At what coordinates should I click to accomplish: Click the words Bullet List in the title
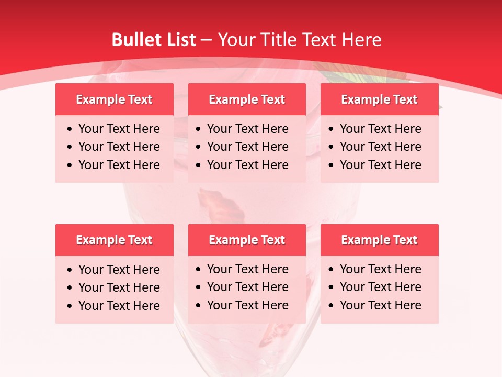154,40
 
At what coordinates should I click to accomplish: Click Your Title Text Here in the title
299,40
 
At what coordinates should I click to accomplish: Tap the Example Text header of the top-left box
114,99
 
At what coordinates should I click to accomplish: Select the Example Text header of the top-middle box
247,99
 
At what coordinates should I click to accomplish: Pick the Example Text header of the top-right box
379,99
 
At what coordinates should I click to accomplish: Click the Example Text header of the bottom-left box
114,240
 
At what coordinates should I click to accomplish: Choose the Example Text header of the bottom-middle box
247,240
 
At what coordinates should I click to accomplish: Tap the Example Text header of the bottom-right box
379,240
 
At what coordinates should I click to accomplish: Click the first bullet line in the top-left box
119,129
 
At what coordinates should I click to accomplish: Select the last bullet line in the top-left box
119,165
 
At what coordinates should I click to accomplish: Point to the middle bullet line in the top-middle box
247,147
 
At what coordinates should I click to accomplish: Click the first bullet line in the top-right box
380,129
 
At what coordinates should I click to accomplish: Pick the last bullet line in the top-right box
380,165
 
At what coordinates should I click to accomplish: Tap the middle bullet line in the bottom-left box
119,287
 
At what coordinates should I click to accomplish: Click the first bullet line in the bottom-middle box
247,269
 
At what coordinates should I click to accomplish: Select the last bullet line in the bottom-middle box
247,305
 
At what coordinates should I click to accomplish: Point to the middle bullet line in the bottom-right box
380,287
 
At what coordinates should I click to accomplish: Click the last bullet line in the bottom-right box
380,305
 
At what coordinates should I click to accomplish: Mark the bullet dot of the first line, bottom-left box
70,270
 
